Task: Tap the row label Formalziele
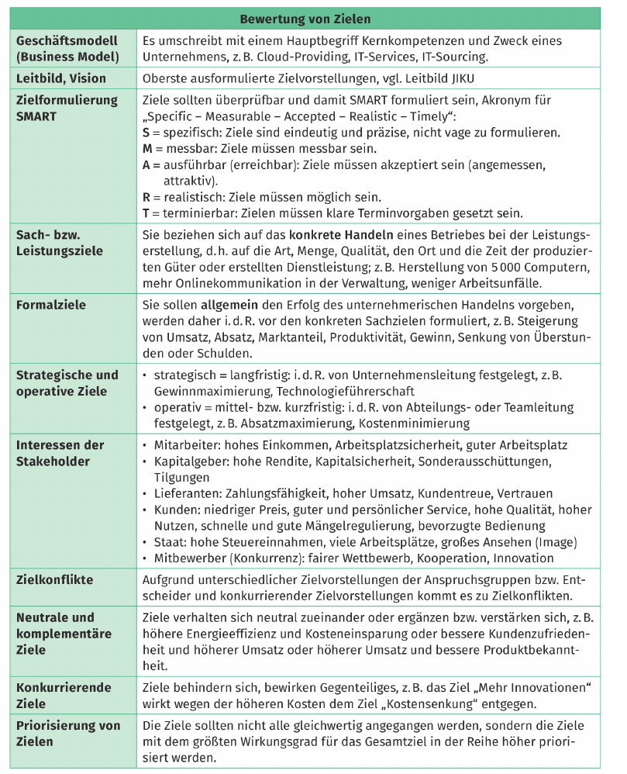tap(51, 305)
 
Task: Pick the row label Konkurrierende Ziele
tap(64, 696)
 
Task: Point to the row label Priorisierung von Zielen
tap(68, 734)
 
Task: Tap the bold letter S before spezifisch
tap(147, 133)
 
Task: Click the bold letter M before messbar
tap(149, 148)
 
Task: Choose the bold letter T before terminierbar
tap(147, 213)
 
